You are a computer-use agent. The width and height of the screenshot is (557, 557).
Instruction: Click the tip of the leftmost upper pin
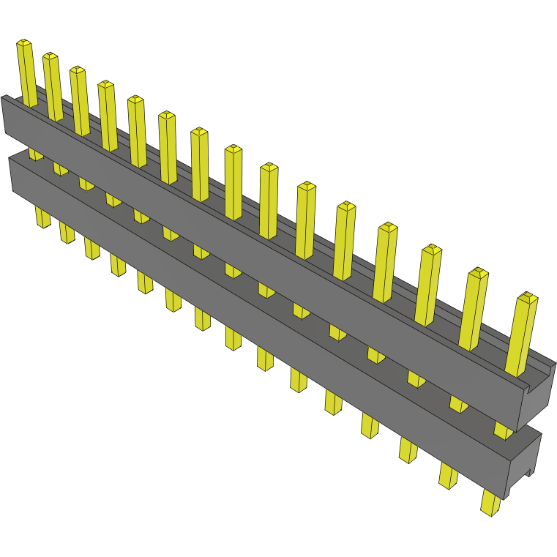25,44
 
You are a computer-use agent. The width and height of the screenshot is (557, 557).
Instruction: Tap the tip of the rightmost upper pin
527,297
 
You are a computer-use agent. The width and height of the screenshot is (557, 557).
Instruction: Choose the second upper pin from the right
474,307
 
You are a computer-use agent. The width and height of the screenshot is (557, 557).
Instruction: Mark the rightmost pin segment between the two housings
502,430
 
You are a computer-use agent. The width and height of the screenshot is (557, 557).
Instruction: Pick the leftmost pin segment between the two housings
35,154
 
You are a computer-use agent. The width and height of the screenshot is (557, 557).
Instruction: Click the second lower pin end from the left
67,233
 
